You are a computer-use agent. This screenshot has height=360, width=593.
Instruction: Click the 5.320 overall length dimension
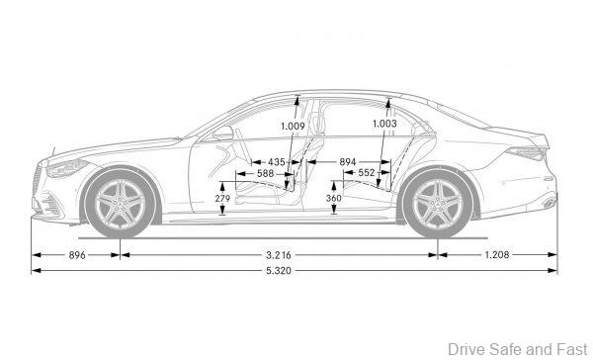click(x=293, y=270)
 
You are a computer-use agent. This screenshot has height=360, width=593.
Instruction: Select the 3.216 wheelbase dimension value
click(x=278, y=255)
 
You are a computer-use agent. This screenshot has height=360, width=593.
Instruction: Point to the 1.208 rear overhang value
click(x=496, y=255)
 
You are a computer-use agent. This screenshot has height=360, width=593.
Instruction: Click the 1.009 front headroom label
click(x=293, y=126)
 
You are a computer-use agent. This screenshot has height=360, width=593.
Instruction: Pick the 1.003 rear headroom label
click(x=385, y=124)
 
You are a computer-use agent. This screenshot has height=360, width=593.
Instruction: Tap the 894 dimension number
click(x=348, y=161)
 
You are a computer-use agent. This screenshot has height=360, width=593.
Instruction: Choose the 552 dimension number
click(x=367, y=173)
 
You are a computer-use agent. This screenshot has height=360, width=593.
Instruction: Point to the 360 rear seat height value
click(x=333, y=199)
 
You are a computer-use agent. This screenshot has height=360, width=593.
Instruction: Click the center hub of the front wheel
click(x=121, y=204)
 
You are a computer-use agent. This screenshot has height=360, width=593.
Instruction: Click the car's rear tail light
click(x=533, y=153)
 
